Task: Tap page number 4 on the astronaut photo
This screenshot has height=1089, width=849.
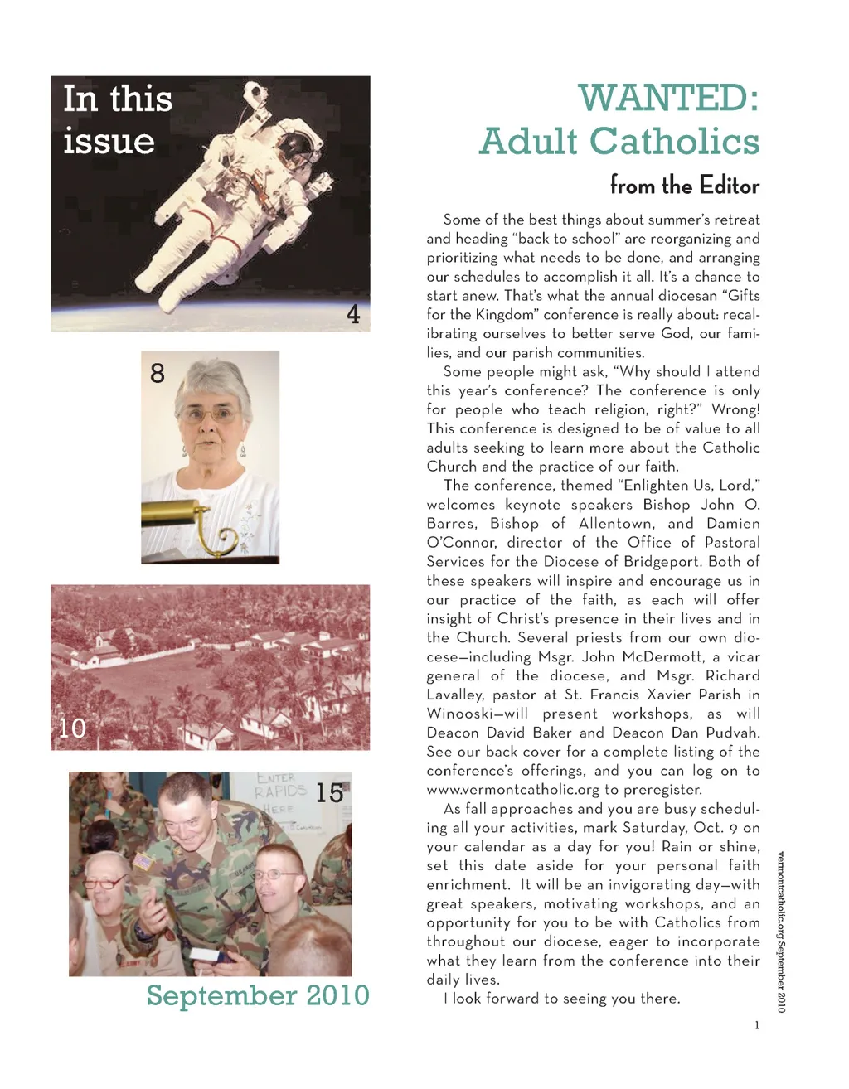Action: (x=353, y=314)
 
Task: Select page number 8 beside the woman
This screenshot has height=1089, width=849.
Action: (x=158, y=373)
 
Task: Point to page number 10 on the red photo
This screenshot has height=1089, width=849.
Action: (x=72, y=728)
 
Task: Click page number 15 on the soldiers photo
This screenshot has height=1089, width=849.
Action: (x=329, y=793)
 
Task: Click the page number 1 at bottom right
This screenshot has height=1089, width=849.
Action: (x=756, y=1025)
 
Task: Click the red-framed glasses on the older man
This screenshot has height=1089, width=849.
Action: (x=104, y=883)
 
